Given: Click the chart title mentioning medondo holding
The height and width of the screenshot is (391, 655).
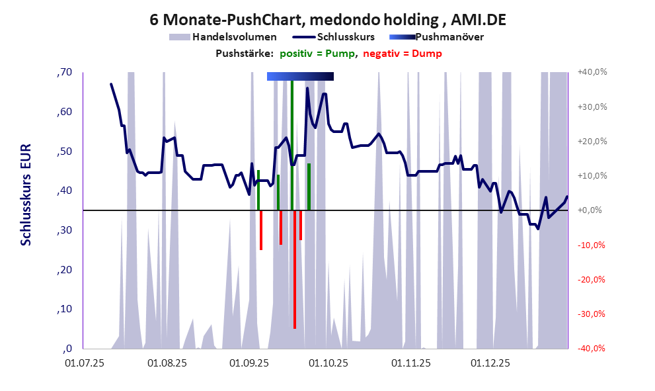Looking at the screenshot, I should click(x=328, y=20).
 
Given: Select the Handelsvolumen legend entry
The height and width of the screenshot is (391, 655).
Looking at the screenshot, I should click(x=223, y=37).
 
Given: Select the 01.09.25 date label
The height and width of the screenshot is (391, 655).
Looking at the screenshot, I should click(x=248, y=363).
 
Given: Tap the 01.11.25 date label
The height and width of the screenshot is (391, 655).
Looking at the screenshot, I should click(x=411, y=363).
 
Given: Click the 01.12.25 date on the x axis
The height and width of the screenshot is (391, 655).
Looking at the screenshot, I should click(x=490, y=363).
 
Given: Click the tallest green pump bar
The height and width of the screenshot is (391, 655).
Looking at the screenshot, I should click(x=292, y=146).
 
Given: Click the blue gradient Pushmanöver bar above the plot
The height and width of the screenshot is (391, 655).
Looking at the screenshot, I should click(x=300, y=77).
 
